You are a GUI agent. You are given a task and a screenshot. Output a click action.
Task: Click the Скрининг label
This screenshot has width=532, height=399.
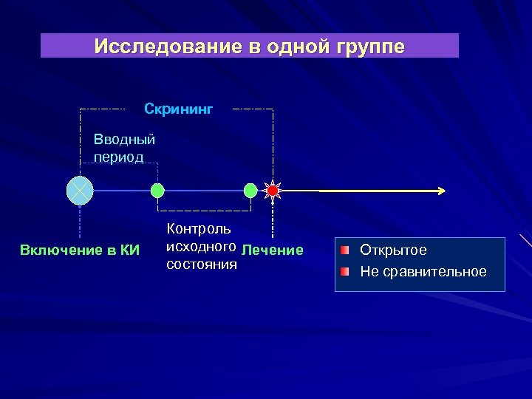click(178, 109)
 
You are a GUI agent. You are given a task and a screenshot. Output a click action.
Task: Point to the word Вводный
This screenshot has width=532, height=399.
click(124, 138)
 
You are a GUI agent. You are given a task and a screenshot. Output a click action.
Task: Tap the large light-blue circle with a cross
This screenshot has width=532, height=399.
click(79, 191)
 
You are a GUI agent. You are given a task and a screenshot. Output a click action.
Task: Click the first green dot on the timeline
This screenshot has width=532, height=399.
click(157, 191)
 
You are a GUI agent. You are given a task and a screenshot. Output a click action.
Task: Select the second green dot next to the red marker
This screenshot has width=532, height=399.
click(250, 191)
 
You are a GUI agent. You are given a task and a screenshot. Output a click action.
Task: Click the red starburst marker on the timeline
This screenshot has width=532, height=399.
click(273, 191)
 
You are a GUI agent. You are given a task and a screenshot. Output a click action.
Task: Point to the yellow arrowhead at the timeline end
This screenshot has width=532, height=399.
click(440, 191)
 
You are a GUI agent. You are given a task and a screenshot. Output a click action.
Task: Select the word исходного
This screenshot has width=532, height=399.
click(201, 247)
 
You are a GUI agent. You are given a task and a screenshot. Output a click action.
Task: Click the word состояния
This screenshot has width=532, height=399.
click(202, 264)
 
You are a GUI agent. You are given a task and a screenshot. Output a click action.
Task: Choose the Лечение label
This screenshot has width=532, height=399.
click(273, 250)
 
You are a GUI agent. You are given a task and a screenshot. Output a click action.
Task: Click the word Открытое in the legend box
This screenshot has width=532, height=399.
click(393, 250)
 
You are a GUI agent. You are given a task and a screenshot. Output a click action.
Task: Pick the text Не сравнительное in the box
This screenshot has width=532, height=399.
click(423, 271)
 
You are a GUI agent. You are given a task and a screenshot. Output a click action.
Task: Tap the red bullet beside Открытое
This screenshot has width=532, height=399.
click(345, 250)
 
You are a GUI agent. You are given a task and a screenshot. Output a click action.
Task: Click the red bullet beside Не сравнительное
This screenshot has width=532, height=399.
click(345, 271)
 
